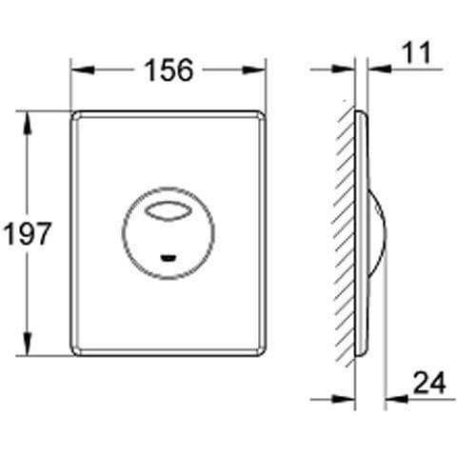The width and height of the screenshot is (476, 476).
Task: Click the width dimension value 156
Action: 168,69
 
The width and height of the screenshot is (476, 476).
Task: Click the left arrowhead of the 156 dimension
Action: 77,69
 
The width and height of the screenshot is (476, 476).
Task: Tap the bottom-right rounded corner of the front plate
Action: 258,349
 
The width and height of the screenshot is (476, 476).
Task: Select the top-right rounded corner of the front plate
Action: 258,117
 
